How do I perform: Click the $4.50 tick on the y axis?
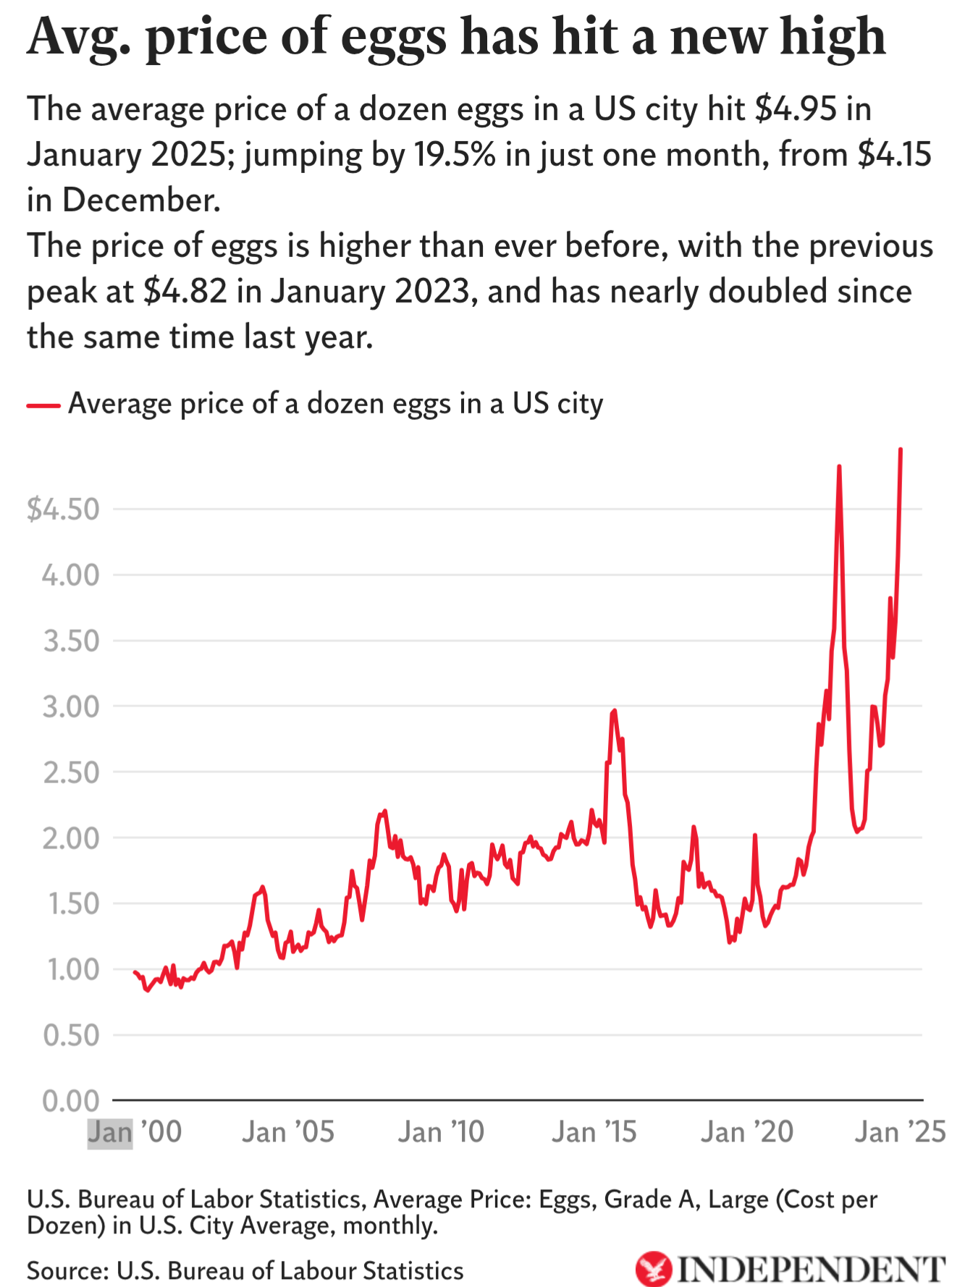tap(63, 510)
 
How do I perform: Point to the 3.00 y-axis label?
tap(71, 706)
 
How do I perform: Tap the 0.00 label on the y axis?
tap(71, 1101)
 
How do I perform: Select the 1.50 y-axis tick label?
tap(71, 904)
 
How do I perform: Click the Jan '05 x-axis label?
tap(288, 1132)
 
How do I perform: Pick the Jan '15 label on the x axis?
tap(594, 1132)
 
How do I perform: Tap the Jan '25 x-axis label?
tap(900, 1132)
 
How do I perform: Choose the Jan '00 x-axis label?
tap(135, 1132)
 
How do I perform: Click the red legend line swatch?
tap(43, 405)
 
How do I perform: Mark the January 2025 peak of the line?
tap(901, 450)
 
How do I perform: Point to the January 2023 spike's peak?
tap(839, 467)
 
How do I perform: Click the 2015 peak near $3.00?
tap(614, 711)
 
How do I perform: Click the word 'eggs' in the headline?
tap(394, 38)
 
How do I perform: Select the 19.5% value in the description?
tap(455, 155)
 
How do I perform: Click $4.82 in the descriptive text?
tap(185, 292)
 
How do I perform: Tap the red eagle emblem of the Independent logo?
tap(654, 1269)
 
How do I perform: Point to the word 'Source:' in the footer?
tap(67, 1271)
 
